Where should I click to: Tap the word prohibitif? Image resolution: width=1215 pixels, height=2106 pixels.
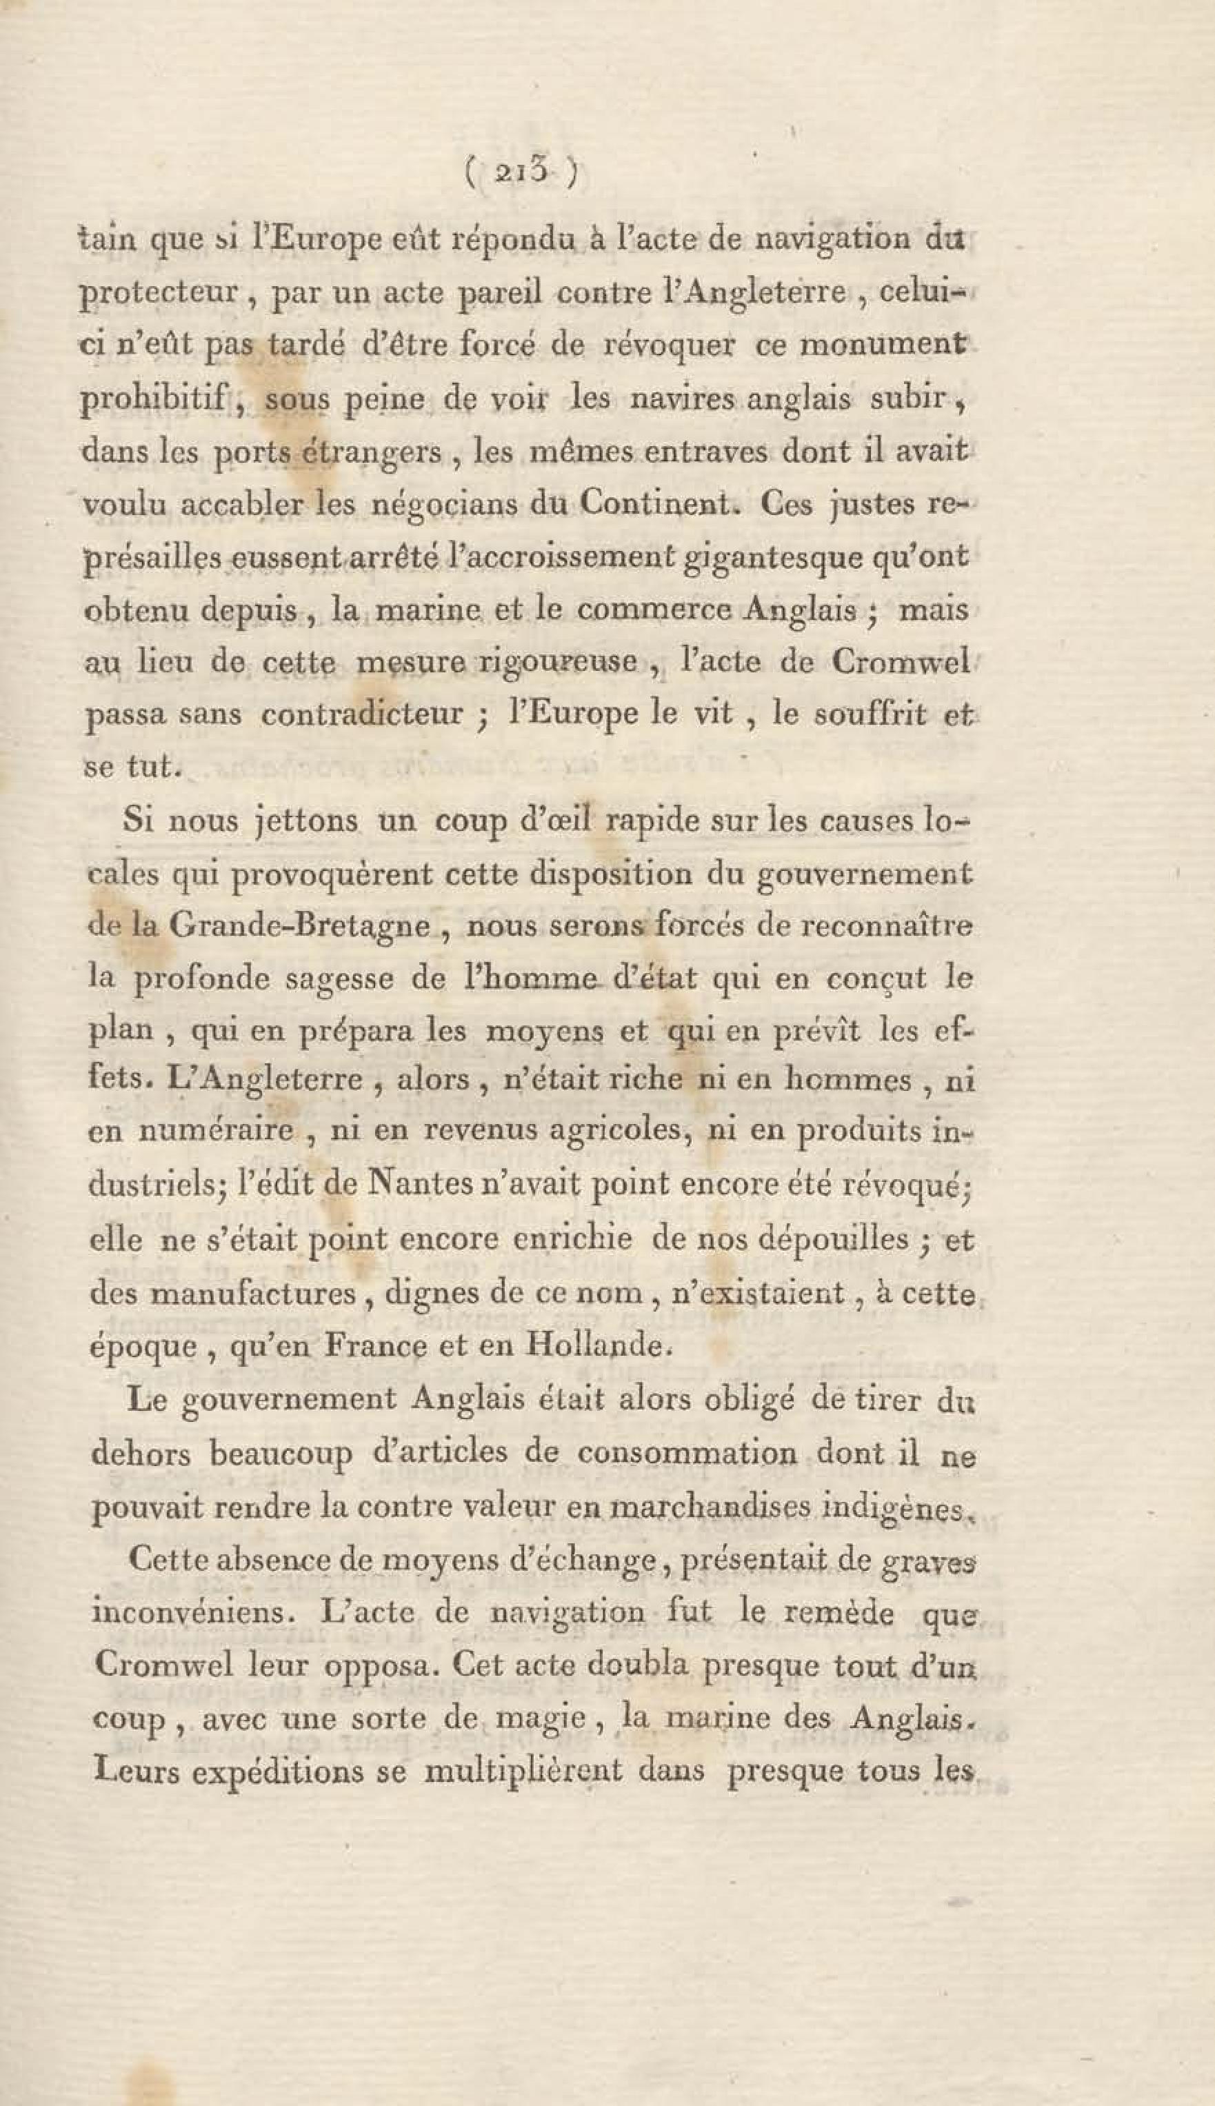(154, 400)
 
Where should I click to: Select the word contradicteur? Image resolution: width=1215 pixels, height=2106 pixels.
(361, 715)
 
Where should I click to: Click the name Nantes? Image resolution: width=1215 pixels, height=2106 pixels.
(404, 1185)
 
